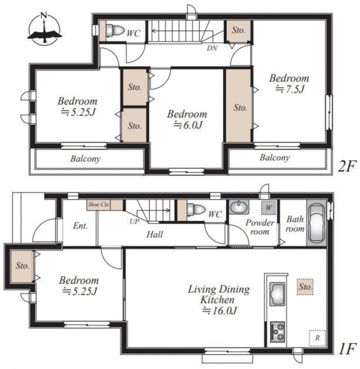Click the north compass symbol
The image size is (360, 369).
[44, 30]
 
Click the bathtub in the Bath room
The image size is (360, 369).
[316, 223]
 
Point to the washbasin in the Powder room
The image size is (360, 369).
[239, 207]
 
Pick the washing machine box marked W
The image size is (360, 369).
[269, 208]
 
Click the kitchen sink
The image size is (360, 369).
[277, 294]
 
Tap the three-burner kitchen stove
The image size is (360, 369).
[277, 332]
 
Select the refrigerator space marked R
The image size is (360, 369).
[317, 338]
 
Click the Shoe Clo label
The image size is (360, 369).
[98, 204]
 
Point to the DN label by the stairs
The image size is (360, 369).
[212, 48]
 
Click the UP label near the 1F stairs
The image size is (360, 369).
[134, 221]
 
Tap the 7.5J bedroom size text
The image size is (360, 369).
[290, 89]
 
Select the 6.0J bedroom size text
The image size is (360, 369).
[188, 125]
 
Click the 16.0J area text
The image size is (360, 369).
[219, 311]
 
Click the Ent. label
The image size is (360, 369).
[80, 226]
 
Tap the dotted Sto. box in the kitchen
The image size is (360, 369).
[305, 287]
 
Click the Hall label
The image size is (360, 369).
[154, 234]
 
